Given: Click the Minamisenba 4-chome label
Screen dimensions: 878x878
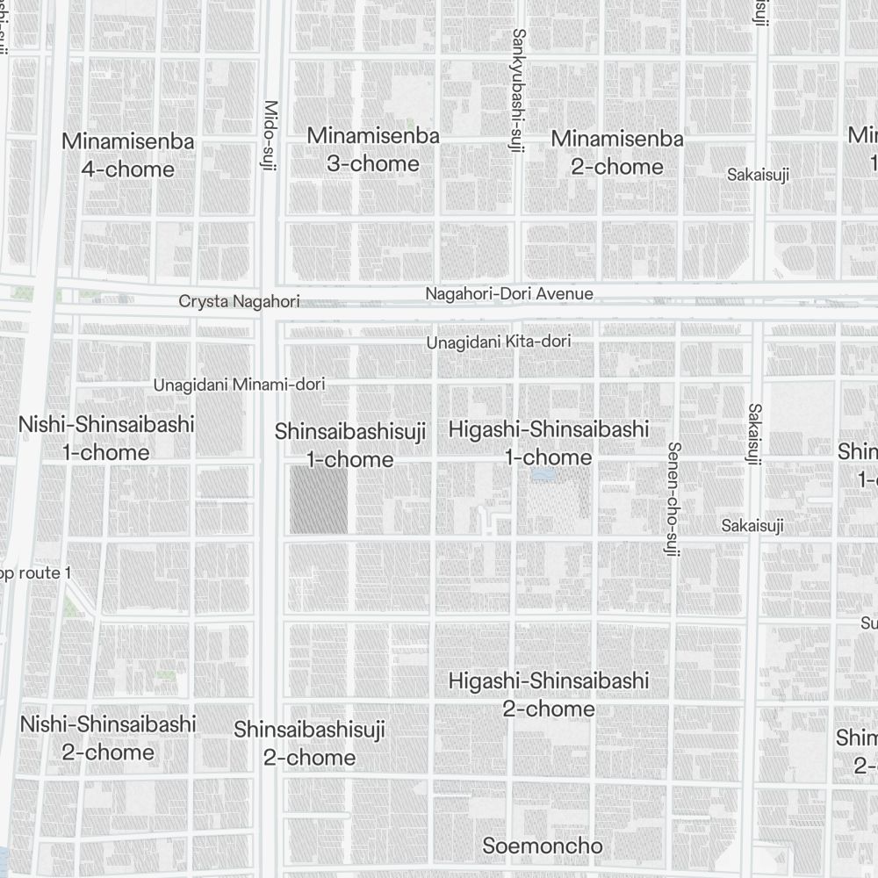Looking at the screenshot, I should (x=127, y=155).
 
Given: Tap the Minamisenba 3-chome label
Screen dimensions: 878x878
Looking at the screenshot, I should (x=373, y=150).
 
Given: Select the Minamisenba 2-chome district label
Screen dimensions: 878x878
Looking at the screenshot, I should (x=617, y=153).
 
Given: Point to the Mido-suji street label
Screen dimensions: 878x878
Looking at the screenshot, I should (x=270, y=134).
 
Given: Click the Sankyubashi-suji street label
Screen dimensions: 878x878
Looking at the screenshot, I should (x=518, y=90).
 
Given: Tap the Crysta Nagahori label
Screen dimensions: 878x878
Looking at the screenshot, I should (x=239, y=301).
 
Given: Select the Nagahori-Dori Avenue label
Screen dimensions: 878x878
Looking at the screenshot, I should (x=509, y=294).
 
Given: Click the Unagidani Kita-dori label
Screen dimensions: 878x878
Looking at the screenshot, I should (x=499, y=342).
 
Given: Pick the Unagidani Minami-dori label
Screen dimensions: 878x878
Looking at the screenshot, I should (x=239, y=385).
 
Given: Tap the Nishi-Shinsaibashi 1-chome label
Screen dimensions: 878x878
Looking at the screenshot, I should (x=106, y=439).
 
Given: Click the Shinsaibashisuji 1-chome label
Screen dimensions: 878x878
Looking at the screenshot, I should (x=350, y=445).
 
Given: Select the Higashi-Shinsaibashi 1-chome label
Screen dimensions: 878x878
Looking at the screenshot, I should (x=549, y=443).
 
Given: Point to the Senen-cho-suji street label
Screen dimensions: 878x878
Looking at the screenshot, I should (x=673, y=492).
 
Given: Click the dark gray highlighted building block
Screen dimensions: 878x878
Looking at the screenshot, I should (x=319, y=500).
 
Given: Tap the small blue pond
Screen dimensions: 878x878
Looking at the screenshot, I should (x=542, y=475).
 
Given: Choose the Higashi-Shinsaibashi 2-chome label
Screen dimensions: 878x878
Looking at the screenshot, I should (x=549, y=694).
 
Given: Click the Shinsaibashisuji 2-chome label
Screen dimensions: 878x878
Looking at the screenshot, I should (x=309, y=743).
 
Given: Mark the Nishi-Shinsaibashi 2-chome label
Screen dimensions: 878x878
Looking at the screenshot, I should (x=108, y=738).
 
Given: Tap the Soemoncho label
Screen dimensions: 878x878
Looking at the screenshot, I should (x=543, y=846).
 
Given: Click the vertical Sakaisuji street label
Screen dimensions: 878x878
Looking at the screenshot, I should (x=754, y=433).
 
